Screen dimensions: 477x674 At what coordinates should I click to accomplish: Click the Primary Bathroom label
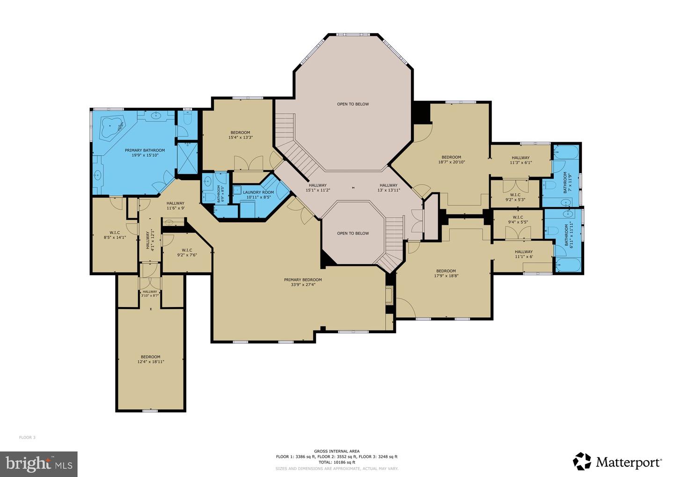tap(145, 153)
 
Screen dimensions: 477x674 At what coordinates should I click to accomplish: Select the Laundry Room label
tap(258, 195)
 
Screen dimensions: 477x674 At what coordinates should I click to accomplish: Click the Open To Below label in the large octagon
tap(353, 104)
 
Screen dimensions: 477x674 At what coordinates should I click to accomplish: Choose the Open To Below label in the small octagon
tap(353, 233)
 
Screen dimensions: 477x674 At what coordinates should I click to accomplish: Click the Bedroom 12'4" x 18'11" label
tap(151, 359)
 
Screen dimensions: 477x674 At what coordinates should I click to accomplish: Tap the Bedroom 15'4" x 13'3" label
tap(240, 135)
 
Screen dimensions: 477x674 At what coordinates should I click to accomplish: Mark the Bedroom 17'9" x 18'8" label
tap(446, 273)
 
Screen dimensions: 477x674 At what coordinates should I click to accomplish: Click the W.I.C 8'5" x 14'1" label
tap(115, 235)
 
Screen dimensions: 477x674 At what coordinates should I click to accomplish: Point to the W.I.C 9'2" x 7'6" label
tap(187, 252)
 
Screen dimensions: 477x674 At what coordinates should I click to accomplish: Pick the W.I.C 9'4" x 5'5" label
tap(518, 220)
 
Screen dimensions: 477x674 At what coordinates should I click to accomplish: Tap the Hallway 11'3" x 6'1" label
tap(520, 161)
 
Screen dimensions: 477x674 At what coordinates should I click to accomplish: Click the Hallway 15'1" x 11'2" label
tap(318, 188)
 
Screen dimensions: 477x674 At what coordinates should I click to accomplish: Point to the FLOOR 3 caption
tap(27, 438)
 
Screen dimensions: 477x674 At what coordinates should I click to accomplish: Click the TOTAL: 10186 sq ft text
tap(337, 462)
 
